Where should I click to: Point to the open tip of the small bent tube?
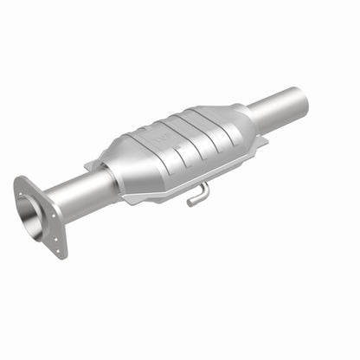[x=190, y=203]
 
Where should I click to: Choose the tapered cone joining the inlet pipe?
[x=122, y=172]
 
